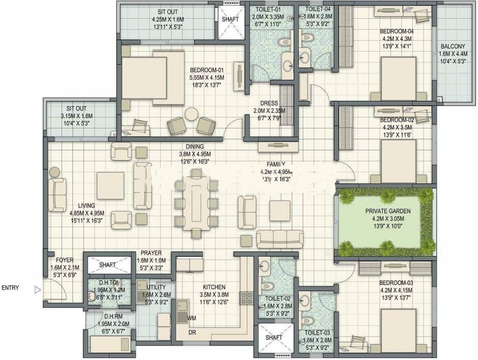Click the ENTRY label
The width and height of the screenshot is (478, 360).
pyautogui.click(x=11, y=288)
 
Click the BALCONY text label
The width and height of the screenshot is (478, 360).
pyautogui.click(x=452, y=46)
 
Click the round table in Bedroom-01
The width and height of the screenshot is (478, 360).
pyautogui.click(x=191, y=114)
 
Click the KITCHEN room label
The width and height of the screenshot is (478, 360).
pyautogui.click(x=214, y=287)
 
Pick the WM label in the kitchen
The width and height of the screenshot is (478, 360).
pyautogui.click(x=191, y=318)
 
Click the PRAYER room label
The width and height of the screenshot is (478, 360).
pyautogui.click(x=150, y=253)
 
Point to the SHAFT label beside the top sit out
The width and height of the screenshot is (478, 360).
pyautogui.click(x=230, y=20)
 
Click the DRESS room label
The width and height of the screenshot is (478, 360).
pyautogui.click(x=271, y=103)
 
